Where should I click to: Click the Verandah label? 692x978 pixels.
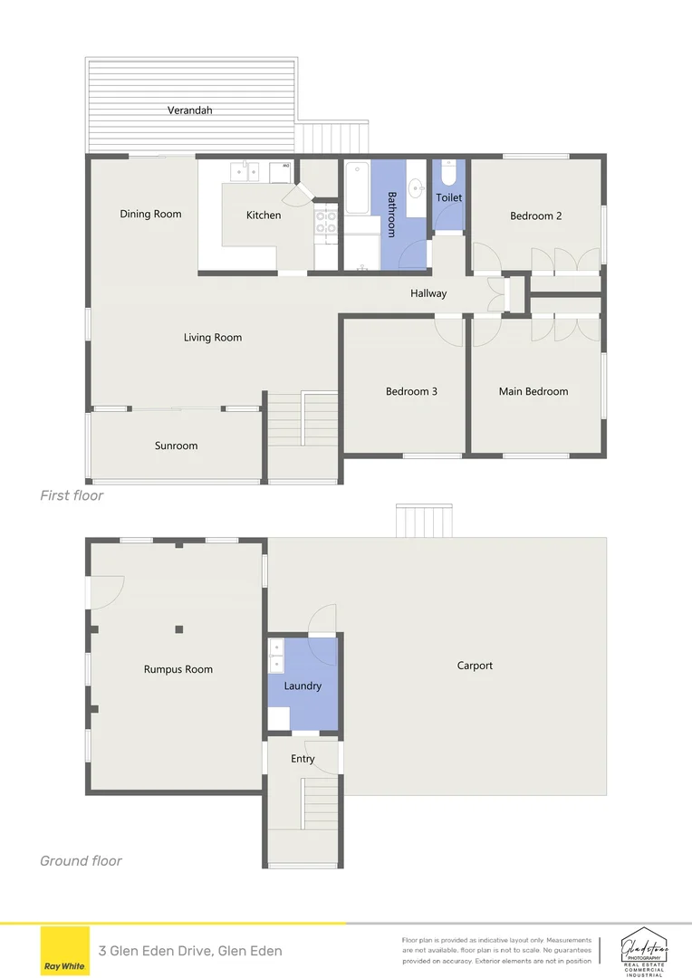[189, 110]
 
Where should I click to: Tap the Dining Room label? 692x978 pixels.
[150, 215]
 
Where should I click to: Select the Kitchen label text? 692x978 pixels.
[264, 216]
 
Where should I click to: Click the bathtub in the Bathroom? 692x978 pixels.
[357, 187]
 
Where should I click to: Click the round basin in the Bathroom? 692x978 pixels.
[416, 188]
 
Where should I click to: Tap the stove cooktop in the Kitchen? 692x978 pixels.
[325, 222]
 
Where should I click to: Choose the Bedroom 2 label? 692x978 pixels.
[535, 216]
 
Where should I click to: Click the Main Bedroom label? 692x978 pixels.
[533, 392]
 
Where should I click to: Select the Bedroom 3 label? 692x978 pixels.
[411, 392]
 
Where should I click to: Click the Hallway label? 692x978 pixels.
[428, 293]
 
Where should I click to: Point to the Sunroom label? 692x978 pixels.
[176, 446]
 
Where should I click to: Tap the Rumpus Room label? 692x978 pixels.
[178, 670]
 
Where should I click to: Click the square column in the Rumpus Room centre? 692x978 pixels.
[179, 629]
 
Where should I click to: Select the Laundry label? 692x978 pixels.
[303, 686]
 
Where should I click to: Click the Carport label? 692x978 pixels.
[475, 666]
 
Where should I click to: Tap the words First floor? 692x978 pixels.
[72, 496]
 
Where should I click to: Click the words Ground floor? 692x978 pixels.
[81, 861]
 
